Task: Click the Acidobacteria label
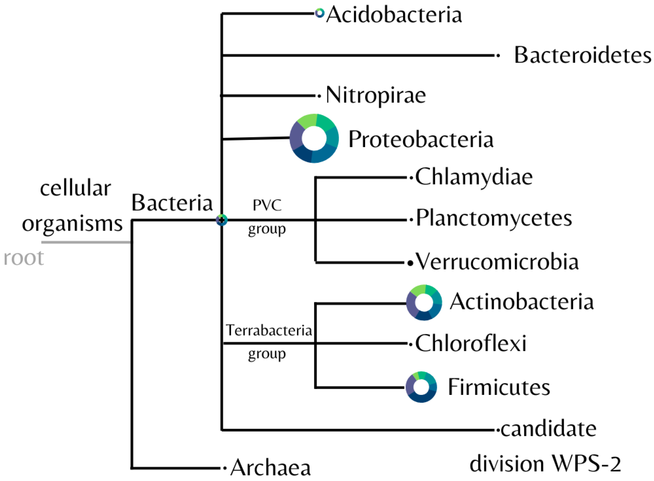tap(394, 15)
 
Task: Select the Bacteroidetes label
tap(583, 55)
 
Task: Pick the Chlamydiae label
tap(474, 177)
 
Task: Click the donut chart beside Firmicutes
tap(421, 387)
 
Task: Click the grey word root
tap(24, 258)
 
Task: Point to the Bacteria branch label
tap(172, 203)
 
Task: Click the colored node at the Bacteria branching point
tap(222, 220)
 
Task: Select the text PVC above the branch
tap(267, 205)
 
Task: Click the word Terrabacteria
tap(269, 330)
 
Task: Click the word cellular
tap(75, 188)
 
